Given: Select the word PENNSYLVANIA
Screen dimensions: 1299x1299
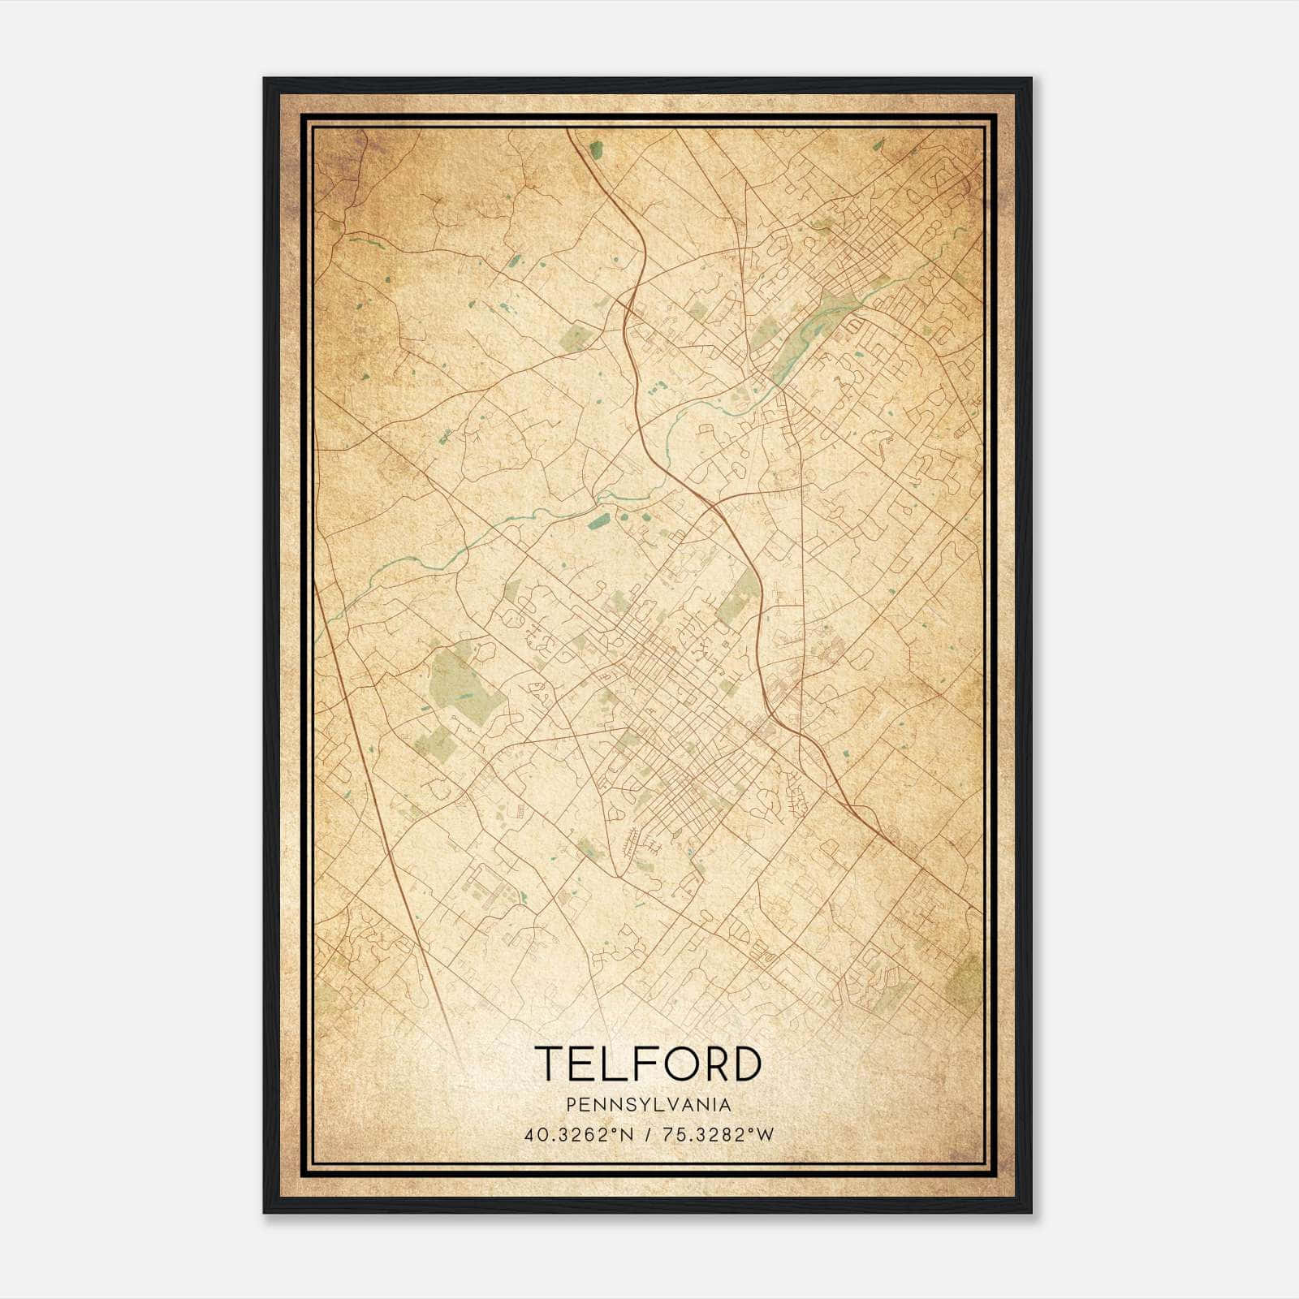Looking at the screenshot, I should pos(649,1105).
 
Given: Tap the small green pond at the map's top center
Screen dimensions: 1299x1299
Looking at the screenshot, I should pos(597,149).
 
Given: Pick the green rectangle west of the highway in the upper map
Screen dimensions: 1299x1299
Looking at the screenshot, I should pos(576,337).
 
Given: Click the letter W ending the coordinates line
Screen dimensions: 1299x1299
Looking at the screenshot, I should pos(766,1135).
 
